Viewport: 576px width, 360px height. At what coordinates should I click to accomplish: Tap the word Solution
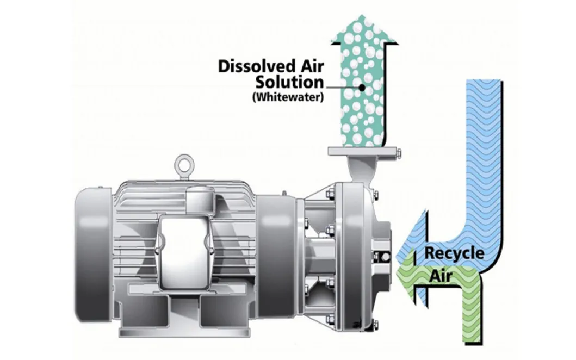coord(289,82)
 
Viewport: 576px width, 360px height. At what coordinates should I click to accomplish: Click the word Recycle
coord(454,253)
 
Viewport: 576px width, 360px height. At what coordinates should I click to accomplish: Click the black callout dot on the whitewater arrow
coord(362,88)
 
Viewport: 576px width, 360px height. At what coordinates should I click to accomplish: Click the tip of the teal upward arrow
coord(363,15)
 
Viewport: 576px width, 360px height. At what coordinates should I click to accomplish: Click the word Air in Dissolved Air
coord(311,66)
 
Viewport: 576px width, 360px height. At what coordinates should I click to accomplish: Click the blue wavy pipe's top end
coord(483,81)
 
